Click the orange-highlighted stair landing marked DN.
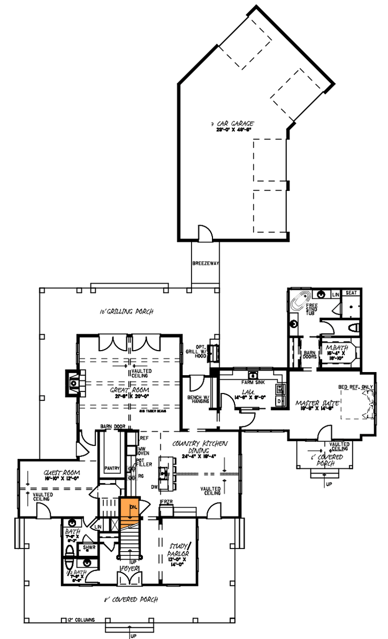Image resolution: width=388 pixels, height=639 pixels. [x=130, y=510]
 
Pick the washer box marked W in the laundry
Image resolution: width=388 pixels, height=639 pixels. [x=279, y=389]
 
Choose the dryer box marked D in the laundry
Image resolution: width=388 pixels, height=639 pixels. [x=279, y=400]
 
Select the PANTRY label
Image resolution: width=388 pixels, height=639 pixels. [x=111, y=467]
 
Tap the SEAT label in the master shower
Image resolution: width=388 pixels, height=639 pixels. [x=352, y=293]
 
